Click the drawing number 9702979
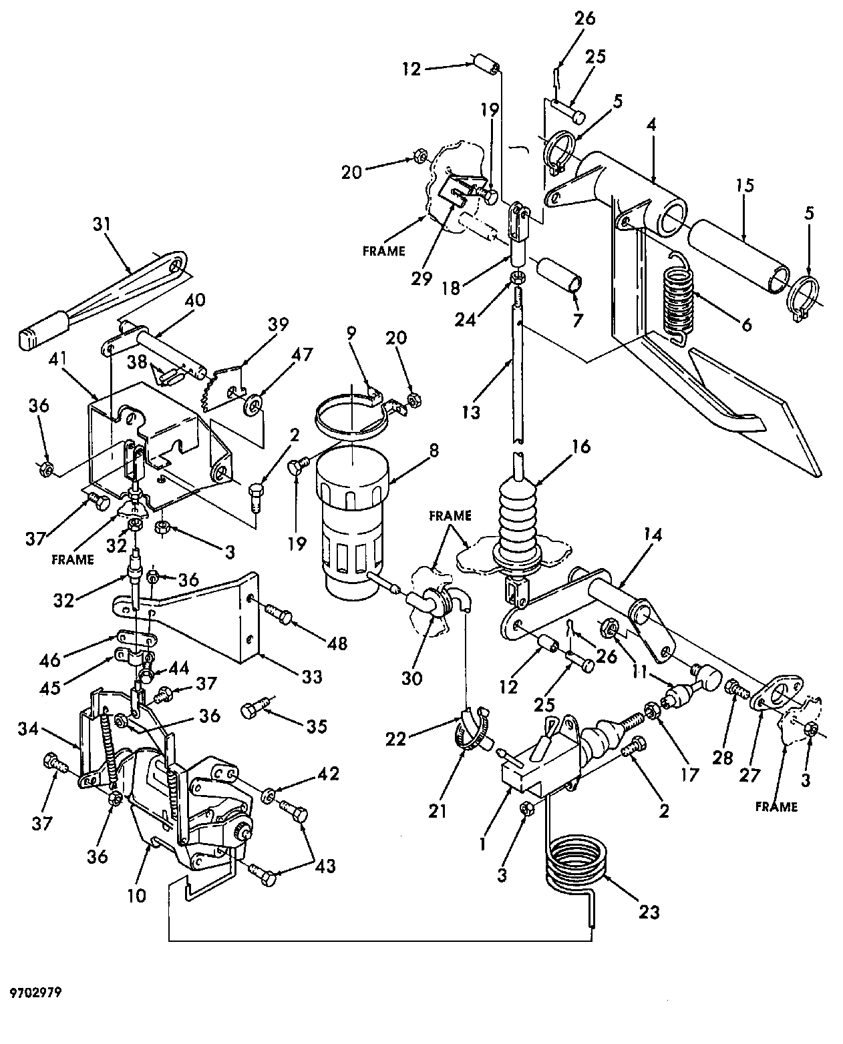36,992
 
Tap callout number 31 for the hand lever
102,224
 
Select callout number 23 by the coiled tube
649,912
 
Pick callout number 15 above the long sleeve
744,186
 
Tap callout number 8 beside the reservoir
434,451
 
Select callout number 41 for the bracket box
58,359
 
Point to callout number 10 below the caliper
137,896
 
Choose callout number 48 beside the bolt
337,643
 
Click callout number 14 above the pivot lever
653,535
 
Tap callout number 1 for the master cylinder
482,844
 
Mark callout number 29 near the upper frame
421,279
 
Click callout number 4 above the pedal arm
651,125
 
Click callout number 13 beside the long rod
471,413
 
